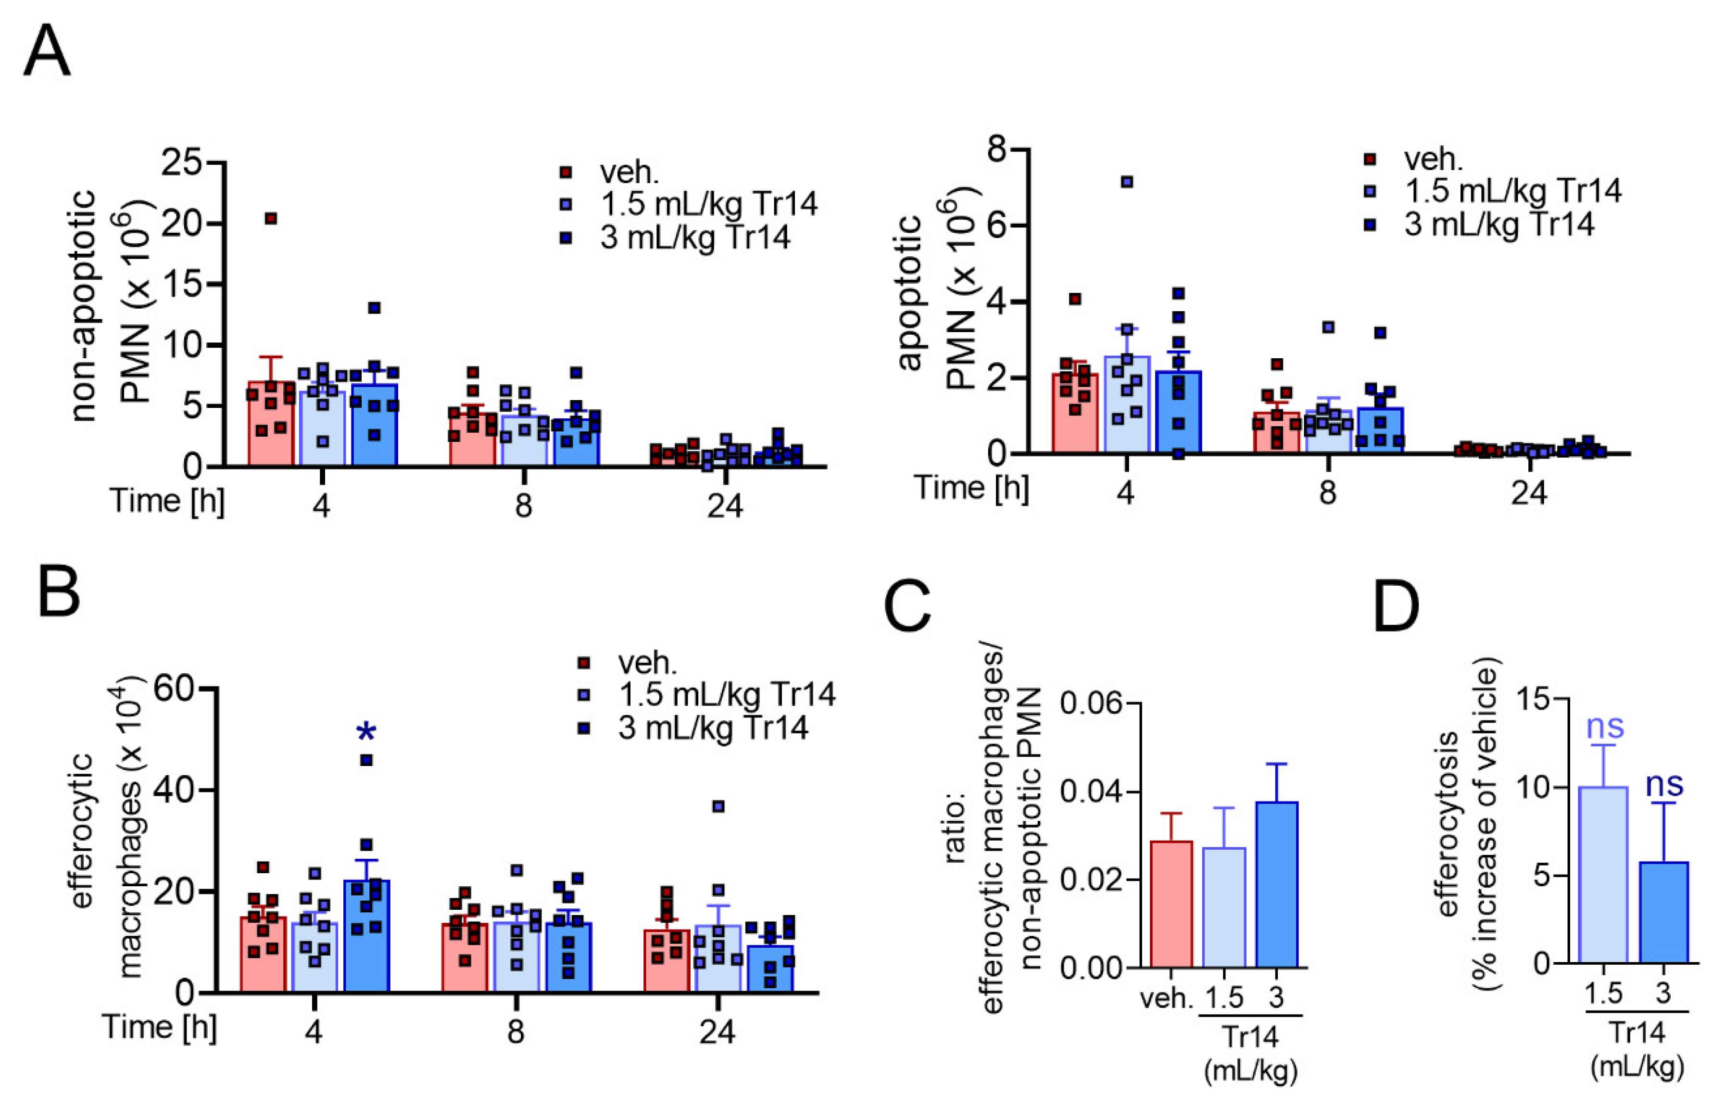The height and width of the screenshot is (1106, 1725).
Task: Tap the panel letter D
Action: click(x=1396, y=605)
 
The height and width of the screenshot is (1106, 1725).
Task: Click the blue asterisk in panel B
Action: click(x=366, y=732)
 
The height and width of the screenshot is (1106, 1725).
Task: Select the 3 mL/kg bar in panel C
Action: click(x=1276, y=885)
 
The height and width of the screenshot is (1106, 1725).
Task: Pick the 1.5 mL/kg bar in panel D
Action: click(x=1604, y=875)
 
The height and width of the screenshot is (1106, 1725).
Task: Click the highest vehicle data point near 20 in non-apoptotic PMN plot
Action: click(x=271, y=218)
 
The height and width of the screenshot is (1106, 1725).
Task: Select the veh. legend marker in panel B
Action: click(x=584, y=662)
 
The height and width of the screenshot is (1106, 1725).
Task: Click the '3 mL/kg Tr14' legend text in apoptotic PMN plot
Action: click(x=1499, y=225)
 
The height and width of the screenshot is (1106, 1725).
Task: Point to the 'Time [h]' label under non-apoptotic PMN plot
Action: click(x=166, y=501)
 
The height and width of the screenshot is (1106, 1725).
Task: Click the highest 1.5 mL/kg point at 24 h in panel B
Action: click(x=718, y=806)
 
